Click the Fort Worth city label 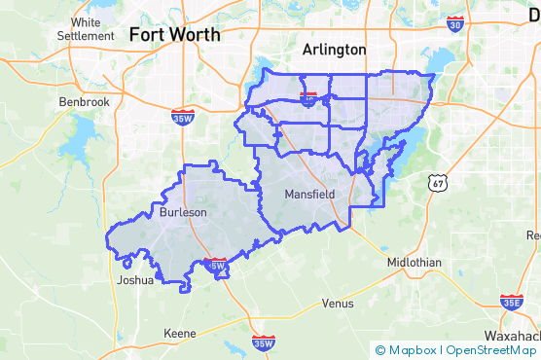pyautogui.click(x=174, y=35)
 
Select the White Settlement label pyautogui.click(x=86, y=29)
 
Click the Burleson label pyautogui.click(x=183, y=212)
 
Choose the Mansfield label pyautogui.click(x=309, y=195)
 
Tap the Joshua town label pyautogui.click(x=134, y=279)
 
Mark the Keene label pyautogui.click(x=179, y=333)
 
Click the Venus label pyautogui.click(x=337, y=303)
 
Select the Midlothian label pyautogui.click(x=414, y=263)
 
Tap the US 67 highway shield pyautogui.click(x=436, y=182)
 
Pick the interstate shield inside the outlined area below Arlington pyautogui.click(x=309, y=98)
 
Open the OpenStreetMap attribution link pyautogui.click(x=491, y=350)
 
